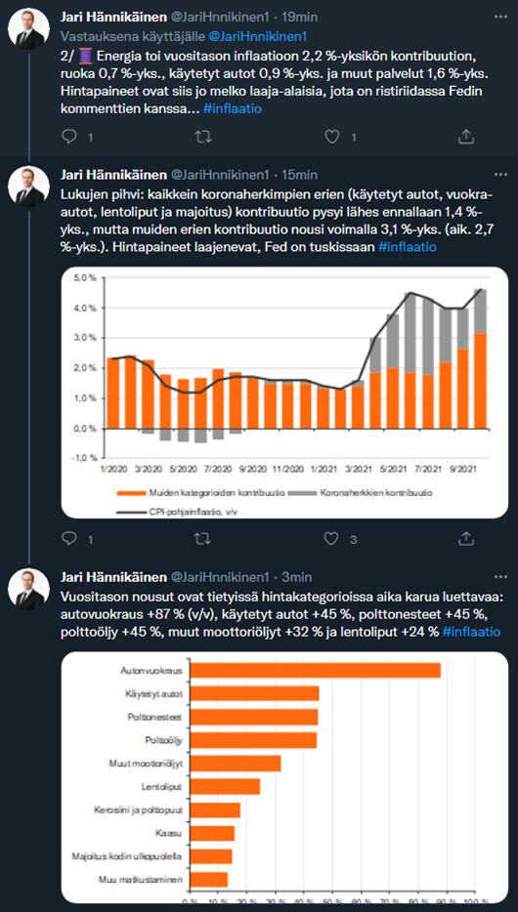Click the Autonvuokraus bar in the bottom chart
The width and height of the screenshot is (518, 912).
316,671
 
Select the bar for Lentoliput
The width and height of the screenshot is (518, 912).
225,787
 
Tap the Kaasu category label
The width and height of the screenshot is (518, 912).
170,834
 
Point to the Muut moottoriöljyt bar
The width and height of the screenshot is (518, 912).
236,764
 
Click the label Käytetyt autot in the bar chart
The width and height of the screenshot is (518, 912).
154,694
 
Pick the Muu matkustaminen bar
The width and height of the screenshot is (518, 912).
209,880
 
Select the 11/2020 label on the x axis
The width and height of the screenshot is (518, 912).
285,469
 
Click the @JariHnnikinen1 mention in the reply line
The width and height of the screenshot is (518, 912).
257,37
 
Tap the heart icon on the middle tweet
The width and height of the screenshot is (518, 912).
331,539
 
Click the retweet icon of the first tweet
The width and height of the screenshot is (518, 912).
202,137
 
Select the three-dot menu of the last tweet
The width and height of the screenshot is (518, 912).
500,577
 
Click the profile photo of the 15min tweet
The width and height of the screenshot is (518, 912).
28,187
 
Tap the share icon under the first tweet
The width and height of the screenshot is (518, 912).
465,137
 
